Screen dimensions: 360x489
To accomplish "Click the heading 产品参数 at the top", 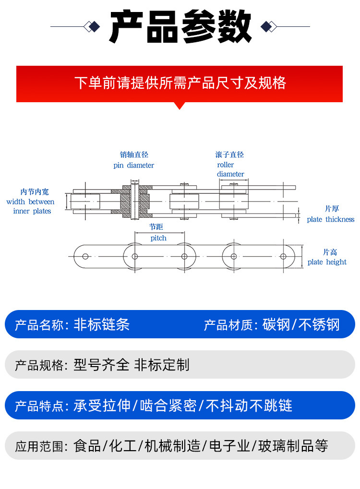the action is click(180, 26).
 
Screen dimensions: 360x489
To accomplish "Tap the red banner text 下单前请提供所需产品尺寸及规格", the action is click(180, 83).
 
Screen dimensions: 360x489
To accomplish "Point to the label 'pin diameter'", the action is click(133, 166).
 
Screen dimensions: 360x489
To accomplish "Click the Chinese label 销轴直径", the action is click(134, 155).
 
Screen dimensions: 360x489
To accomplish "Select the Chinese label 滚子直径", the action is click(229, 155).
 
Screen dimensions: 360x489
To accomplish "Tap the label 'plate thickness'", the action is click(331, 220).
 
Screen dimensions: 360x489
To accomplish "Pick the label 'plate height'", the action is click(327, 262).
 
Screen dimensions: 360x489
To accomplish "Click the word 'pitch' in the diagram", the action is click(158, 238).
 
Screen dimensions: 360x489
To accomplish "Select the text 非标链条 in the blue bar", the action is click(102, 325).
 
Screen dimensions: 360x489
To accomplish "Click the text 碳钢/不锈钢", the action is click(301, 325).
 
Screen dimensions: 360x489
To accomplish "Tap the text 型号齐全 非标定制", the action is click(131, 365).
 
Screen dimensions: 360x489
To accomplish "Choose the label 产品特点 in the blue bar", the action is click(39, 406).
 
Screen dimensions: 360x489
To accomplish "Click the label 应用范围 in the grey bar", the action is click(39, 447).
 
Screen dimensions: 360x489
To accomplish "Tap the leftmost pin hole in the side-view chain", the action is click(85, 256).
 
